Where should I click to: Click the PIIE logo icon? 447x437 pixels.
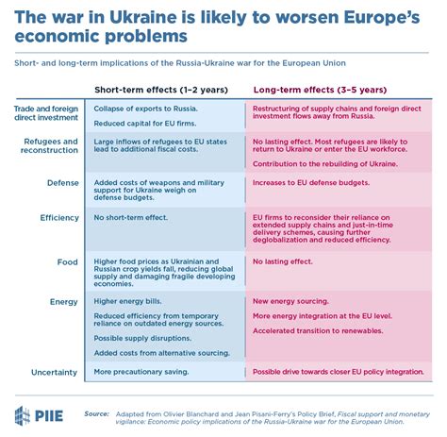[x=23, y=415]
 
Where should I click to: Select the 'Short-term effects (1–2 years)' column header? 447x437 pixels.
[x=161, y=90]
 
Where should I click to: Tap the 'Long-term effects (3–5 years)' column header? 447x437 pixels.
[x=320, y=90]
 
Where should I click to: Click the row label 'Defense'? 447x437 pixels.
[x=63, y=183]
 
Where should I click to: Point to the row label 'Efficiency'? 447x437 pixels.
[x=59, y=218]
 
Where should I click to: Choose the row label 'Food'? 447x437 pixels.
[x=67, y=262]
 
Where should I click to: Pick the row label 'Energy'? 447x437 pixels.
[x=64, y=302]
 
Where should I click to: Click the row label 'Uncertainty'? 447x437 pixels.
[x=54, y=373]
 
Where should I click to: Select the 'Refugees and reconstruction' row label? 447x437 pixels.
[x=49, y=145]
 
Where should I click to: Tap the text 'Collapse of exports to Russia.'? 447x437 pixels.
[x=146, y=109]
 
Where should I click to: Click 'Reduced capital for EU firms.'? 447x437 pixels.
[x=145, y=124]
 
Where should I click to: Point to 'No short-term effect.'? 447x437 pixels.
[x=131, y=217]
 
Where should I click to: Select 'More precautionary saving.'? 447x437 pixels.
[x=141, y=372]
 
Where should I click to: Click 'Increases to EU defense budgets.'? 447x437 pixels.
[x=311, y=182]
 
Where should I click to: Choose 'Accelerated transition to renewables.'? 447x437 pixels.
[x=318, y=330]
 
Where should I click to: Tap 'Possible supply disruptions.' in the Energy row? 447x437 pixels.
[x=142, y=338]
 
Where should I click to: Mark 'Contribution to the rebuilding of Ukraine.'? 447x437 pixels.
[x=325, y=164]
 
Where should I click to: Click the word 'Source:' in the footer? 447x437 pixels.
[x=96, y=414]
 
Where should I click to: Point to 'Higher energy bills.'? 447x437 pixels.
[x=127, y=301]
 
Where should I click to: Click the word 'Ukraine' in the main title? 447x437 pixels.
[x=143, y=17]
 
